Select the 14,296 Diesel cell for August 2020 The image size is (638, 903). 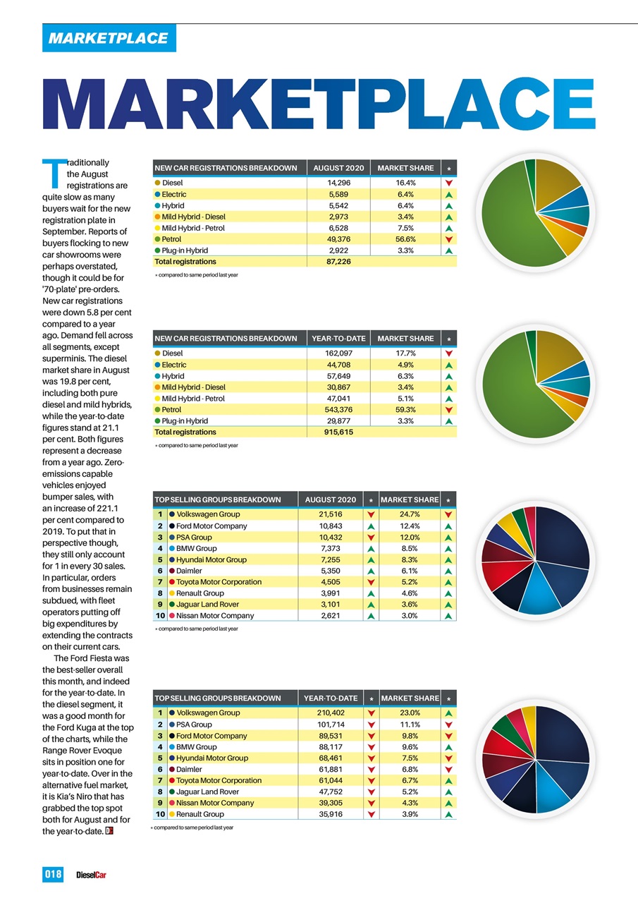(x=338, y=183)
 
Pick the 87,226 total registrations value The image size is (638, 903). (x=338, y=261)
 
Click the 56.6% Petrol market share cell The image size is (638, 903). (x=405, y=239)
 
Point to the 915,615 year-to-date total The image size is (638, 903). (x=338, y=432)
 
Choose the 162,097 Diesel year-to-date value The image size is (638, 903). (x=338, y=353)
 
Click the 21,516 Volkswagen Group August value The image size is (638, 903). (x=331, y=514)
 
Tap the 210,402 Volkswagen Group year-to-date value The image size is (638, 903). (x=331, y=713)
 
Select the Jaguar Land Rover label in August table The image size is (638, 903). (x=207, y=605)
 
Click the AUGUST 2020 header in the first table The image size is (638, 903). (x=338, y=168)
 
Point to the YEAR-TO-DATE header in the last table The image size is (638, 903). (x=331, y=698)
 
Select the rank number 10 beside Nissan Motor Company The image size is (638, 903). (x=160, y=616)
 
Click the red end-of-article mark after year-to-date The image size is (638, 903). (x=109, y=831)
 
